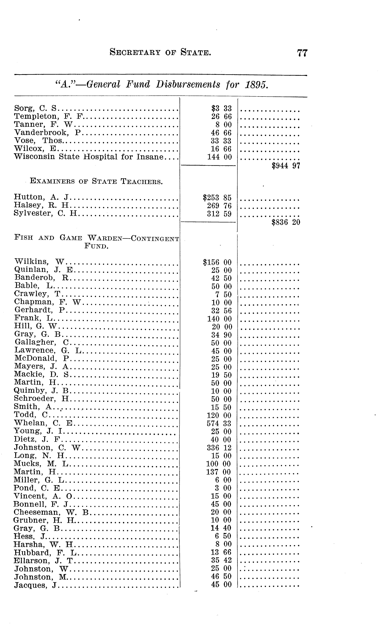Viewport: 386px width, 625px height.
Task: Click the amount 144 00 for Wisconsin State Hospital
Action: point(220,157)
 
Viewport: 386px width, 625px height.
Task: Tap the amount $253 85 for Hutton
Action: point(217,197)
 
